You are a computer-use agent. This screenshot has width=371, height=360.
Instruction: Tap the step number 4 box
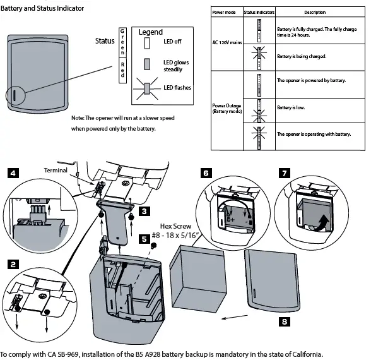coord(14,172)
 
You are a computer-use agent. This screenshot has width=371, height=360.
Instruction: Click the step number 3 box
coord(144,211)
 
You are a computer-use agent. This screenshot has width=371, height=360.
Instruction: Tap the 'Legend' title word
coord(150,32)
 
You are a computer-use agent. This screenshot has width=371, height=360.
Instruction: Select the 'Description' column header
coord(314,13)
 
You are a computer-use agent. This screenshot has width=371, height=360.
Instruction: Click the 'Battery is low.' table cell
coord(291,108)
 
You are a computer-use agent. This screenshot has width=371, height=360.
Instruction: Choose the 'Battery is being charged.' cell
coord(301,56)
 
